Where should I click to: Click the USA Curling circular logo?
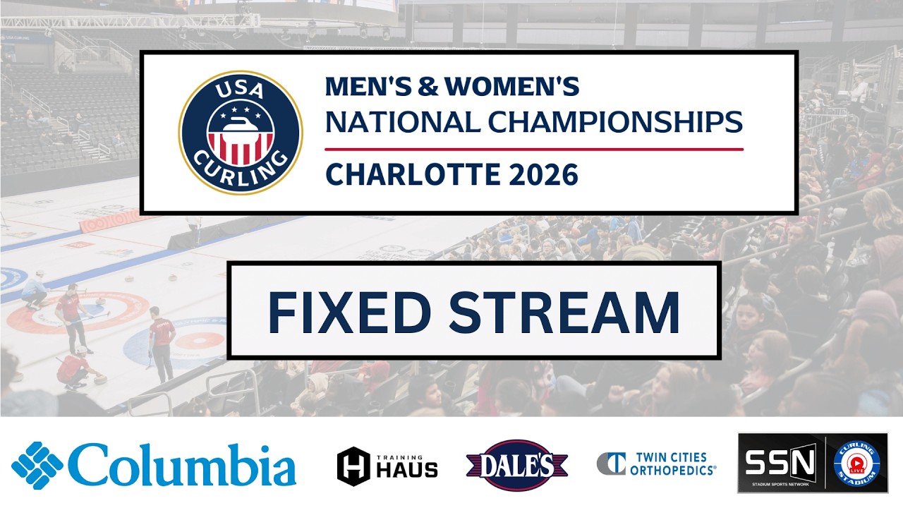241,133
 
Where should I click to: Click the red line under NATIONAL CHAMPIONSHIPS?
534,149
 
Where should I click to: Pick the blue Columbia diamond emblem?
37,466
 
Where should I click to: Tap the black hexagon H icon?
353,466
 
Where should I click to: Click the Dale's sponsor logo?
517,465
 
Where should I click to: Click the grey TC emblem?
611,464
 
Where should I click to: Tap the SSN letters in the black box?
780,462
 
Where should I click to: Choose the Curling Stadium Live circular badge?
856,463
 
